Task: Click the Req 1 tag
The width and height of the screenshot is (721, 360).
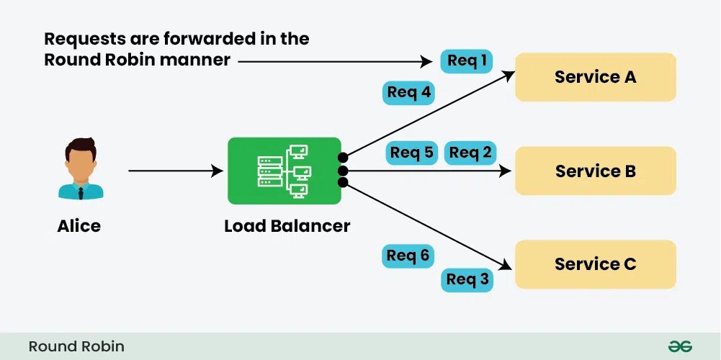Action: [467, 61]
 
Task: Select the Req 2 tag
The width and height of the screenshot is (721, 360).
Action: [470, 153]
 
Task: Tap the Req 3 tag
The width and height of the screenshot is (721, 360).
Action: [467, 279]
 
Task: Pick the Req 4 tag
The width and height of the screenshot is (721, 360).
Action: [409, 92]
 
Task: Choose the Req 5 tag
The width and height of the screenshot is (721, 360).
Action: [412, 153]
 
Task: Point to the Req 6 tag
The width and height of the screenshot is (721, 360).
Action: [408, 256]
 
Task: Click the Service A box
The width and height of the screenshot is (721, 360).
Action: [595, 77]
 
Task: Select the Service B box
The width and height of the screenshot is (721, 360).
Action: [595, 171]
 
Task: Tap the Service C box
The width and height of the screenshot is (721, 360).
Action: [595, 264]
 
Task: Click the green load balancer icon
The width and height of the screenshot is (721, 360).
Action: [284, 171]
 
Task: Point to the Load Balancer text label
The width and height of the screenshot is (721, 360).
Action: [287, 226]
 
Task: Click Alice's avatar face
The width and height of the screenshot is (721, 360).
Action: [80, 161]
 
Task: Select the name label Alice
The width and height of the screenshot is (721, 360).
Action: [79, 226]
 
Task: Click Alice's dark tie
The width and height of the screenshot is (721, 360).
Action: [80, 192]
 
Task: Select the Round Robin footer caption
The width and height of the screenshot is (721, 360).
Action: [76, 346]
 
